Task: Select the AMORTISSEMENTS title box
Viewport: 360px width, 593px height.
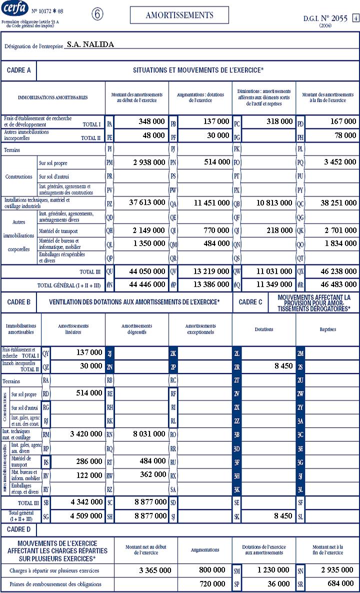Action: (179, 15)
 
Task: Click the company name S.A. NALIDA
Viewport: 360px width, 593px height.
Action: (90, 44)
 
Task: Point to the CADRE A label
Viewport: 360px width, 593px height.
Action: (19, 70)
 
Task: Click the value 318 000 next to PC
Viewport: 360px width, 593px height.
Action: (273, 121)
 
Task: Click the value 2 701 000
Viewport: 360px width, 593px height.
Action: (339, 230)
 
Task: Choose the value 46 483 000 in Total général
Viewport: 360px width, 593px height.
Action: (337, 284)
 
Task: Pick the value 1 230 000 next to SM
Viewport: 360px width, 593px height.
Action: (273, 570)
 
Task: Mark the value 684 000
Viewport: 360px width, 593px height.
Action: (340, 584)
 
